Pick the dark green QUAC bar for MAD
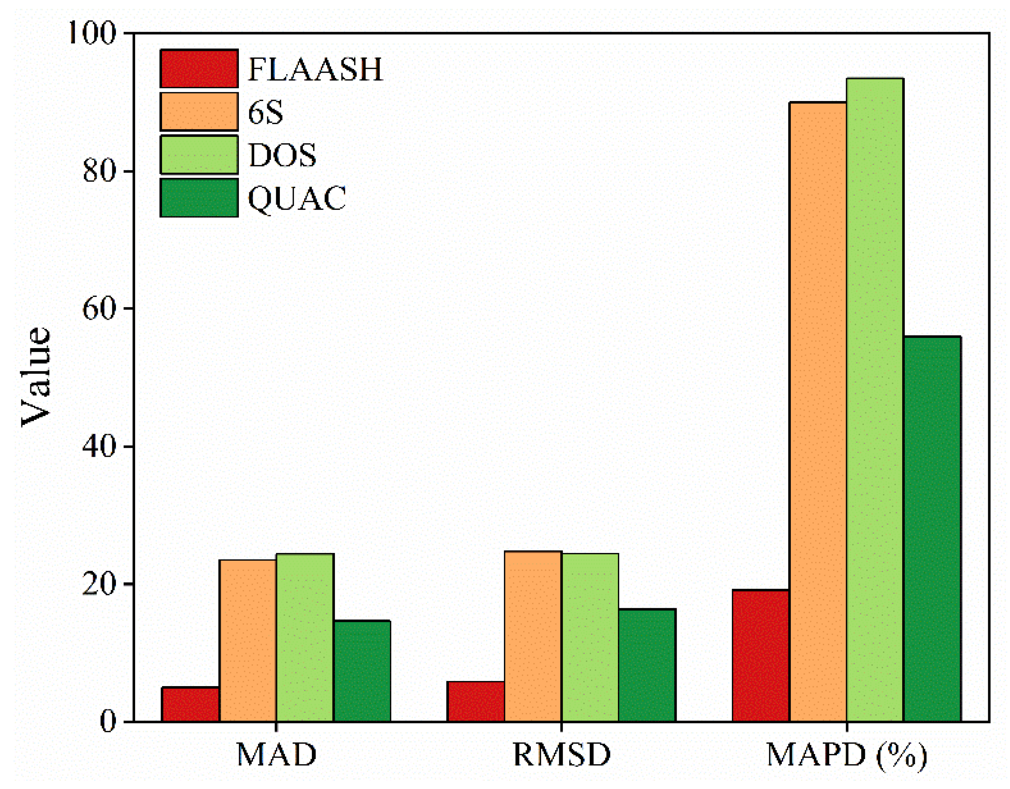(362, 671)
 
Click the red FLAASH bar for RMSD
(475, 701)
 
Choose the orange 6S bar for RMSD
(533, 636)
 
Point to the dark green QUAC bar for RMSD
(647, 665)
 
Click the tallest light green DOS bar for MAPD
(875, 400)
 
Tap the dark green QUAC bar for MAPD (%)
(932, 529)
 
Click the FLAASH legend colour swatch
(199, 68)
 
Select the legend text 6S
(265, 112)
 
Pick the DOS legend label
(282, 155)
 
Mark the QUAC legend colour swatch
(199, 198)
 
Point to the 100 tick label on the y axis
(91, 33)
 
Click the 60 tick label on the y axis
(99, 308)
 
